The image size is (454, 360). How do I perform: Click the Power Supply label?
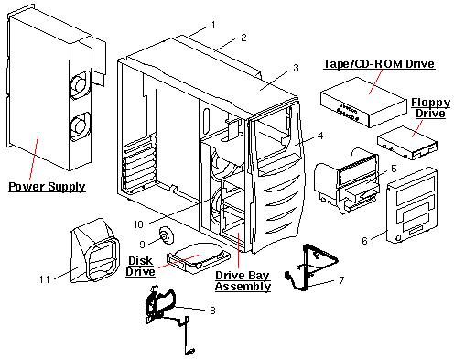47,187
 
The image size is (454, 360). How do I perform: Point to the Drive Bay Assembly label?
243,280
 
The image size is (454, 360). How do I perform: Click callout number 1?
212,24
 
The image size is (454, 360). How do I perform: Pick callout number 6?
364,240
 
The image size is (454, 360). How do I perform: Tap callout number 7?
341,278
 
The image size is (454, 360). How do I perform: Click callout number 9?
143,244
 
